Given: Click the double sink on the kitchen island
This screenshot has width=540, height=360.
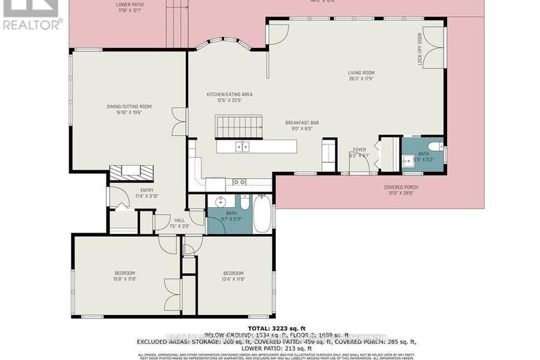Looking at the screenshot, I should pyautogui.click(x=241, y=147).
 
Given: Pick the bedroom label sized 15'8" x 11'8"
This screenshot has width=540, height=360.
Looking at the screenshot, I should pyautogui.click(x=125, y=275).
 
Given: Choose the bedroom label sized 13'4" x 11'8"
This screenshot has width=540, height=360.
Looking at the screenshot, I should pyautogui.click(x=233, y=275).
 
